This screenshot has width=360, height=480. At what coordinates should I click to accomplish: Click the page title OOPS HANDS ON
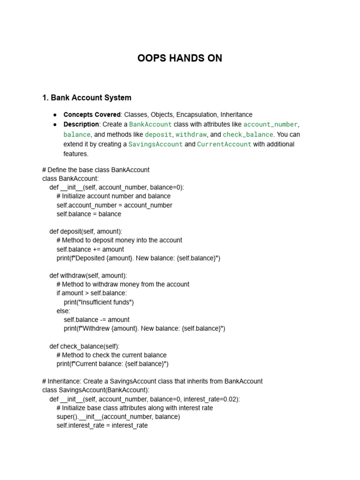pos(180,59)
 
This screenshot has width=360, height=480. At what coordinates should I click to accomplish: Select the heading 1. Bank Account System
pos(87,98)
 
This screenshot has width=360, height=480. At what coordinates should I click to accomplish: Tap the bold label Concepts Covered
pos(92,115)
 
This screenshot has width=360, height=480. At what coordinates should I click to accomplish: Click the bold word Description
pos(81,125)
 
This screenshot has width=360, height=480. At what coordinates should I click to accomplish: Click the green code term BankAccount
pos(150,125)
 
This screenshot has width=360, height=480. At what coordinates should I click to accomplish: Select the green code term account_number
pos(270,125)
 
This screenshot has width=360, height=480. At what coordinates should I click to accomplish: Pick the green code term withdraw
pos(191,135)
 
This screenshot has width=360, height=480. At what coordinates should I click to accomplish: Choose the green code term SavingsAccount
pos(156,144)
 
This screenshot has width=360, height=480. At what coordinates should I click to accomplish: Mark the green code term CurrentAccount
pos(224,144)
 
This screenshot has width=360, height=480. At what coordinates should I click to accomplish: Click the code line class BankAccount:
pos(70,179)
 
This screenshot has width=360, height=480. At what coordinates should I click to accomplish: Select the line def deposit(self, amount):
pos(86,232)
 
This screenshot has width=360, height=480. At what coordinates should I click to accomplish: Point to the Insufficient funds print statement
pos(99,302)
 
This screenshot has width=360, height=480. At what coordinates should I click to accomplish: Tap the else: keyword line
pos(63,311)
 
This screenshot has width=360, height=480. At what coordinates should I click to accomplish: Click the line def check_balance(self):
pos(84,346)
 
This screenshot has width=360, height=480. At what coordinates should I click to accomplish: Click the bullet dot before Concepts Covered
pos(55,115)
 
